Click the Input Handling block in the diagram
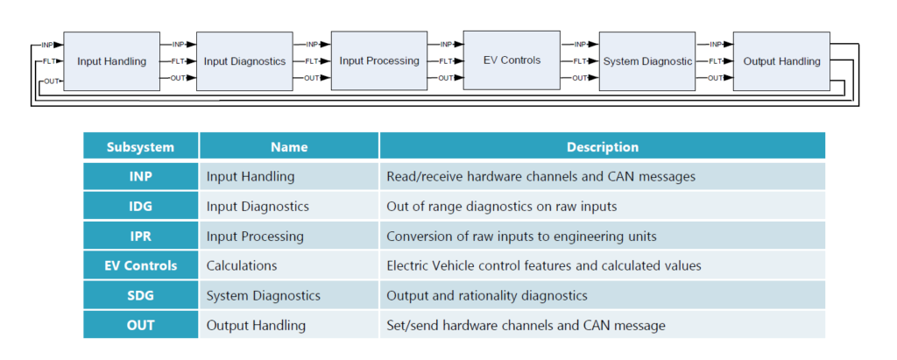111,61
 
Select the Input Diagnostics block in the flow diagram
244,61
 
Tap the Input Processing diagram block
378,61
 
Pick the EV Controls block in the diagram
512,60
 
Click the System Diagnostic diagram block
647,61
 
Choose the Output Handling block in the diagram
781,61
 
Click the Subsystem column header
141,147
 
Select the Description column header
602,147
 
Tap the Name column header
289,147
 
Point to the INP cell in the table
141,176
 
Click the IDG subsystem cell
141,206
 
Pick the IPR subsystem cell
141,236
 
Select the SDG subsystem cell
141,295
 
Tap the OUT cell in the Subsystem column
141,325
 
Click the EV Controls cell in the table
141,265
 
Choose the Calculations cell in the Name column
242,265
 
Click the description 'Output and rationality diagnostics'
487,295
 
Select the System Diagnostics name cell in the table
263,295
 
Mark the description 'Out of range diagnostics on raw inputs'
500,206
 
